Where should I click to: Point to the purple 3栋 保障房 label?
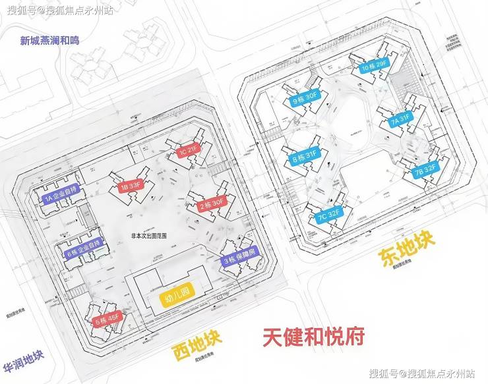pos(241,260)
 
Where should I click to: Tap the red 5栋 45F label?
pos(107,320)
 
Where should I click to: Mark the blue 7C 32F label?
pos(328,215)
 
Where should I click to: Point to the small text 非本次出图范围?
pos(149,234)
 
